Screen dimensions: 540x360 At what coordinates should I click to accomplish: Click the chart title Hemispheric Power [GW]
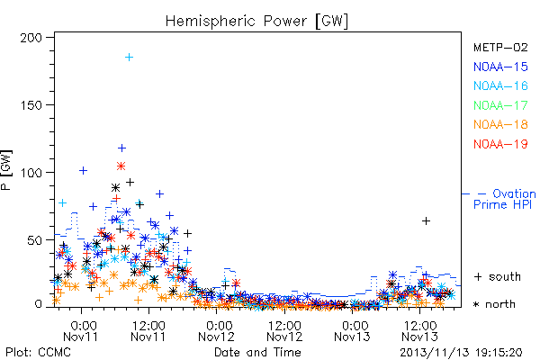click(x=256, y=21)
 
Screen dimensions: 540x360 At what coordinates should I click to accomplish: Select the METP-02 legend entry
click(x=500, y=47)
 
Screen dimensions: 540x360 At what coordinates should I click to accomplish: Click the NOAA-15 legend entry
click(x=500, y=67)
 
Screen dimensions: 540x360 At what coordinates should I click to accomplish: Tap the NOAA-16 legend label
click(x=500, y=85)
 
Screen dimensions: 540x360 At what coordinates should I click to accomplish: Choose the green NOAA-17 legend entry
click(x=500, y=105)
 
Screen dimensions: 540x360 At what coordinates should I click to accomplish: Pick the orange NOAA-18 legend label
click(x=500, y=124)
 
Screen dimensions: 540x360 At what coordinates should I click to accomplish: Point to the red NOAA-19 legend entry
click(x=500, y=144)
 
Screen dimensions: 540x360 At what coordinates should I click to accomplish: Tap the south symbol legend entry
click(x=498, y=276)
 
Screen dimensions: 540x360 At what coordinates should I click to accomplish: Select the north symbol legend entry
click(x=494, y=304)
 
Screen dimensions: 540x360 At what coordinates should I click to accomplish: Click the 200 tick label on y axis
click(x=31, y=38)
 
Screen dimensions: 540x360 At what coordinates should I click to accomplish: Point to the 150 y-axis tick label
click(x=31, y=105)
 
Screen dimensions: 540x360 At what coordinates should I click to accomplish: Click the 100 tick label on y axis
click(x=31, y=173)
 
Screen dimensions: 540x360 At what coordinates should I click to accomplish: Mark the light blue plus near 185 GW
click(x=129, y=58)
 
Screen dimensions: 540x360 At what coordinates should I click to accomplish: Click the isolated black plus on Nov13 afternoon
click(x=426, y=220)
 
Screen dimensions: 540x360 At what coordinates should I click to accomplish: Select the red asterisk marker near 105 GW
click(x=121, y=166)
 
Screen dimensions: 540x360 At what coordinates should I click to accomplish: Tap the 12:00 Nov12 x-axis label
click(x=284, y=331)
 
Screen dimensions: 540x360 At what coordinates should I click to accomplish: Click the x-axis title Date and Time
click(x=257, y=352)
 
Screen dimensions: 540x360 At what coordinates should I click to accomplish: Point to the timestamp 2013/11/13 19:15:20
click(x=461, y=353)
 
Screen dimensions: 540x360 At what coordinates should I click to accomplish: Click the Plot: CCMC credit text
click(x=38, y=353)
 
